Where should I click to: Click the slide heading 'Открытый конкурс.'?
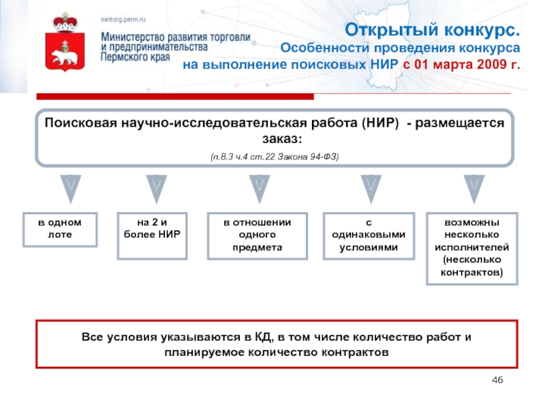coord(433,31)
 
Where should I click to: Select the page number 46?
coord(497,380)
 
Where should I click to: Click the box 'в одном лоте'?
coord(59,229)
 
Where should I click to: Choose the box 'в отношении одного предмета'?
coord(258,234)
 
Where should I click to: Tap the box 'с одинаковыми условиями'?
coord(369,234)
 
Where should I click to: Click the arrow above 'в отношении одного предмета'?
coord(260,188)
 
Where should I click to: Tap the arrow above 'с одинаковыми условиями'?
coord(371,188)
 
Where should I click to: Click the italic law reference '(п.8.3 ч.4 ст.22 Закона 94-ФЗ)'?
coord(275,156)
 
